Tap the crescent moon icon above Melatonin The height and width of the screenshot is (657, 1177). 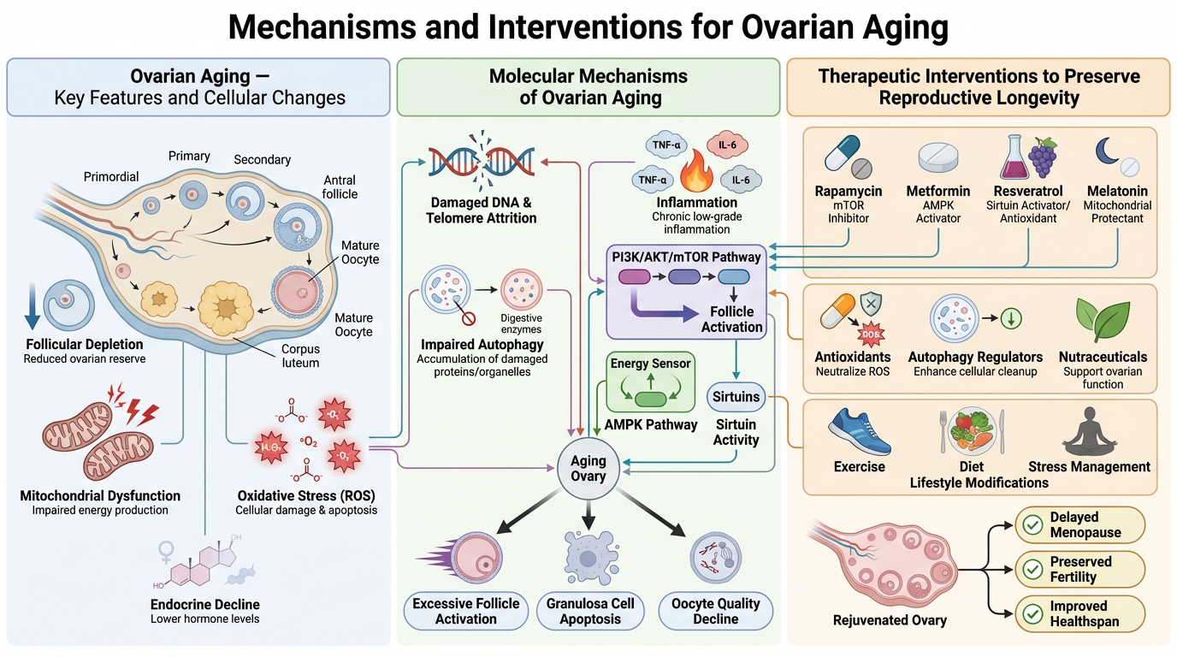pyautogui.click(x=1106, y=152)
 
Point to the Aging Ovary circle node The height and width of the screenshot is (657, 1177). pyautogui.click(x=588, y=469)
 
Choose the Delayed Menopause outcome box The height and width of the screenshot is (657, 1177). pyautogui.click(x=1079, y=525)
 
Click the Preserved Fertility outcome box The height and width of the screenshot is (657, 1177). pyautogui.click(x=1079, y=569)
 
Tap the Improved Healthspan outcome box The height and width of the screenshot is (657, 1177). pyautogui.click(x=1079, y=613)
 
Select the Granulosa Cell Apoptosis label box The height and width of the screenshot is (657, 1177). pyautogui.click(x=589, y=611)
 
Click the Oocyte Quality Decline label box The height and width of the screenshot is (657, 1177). pyautogui.click(x=715, y=611)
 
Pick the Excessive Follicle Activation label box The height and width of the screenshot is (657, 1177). pyautogui.click(x=465, y=611)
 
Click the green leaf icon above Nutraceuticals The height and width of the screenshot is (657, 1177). pyautogui.click(x=1103, y=321)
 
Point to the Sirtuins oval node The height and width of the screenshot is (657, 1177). pyautogui.click(x=735, y=397)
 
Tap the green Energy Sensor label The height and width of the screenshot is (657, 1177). pyautogui.click(x=650, y=364)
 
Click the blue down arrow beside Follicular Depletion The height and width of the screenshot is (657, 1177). pyautogui.click(x=32, y=309)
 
